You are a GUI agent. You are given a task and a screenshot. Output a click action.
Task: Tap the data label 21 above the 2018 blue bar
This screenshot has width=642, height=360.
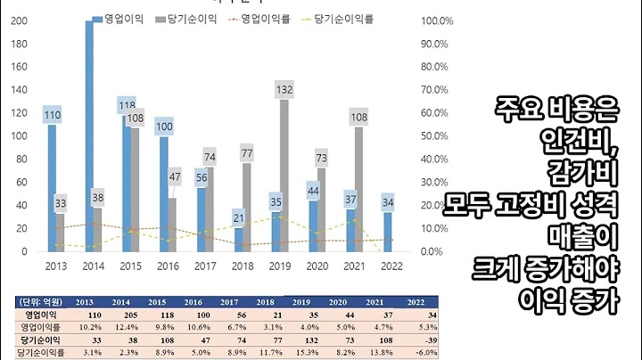pyautogui.click(x=238, y=218)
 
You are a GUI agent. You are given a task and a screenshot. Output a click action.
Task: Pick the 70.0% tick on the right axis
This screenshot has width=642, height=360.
pyautogui.click(x=434, y=90)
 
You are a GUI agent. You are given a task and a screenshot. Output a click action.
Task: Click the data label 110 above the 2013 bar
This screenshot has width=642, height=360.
pyautogui.click(x=53, y=115)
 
